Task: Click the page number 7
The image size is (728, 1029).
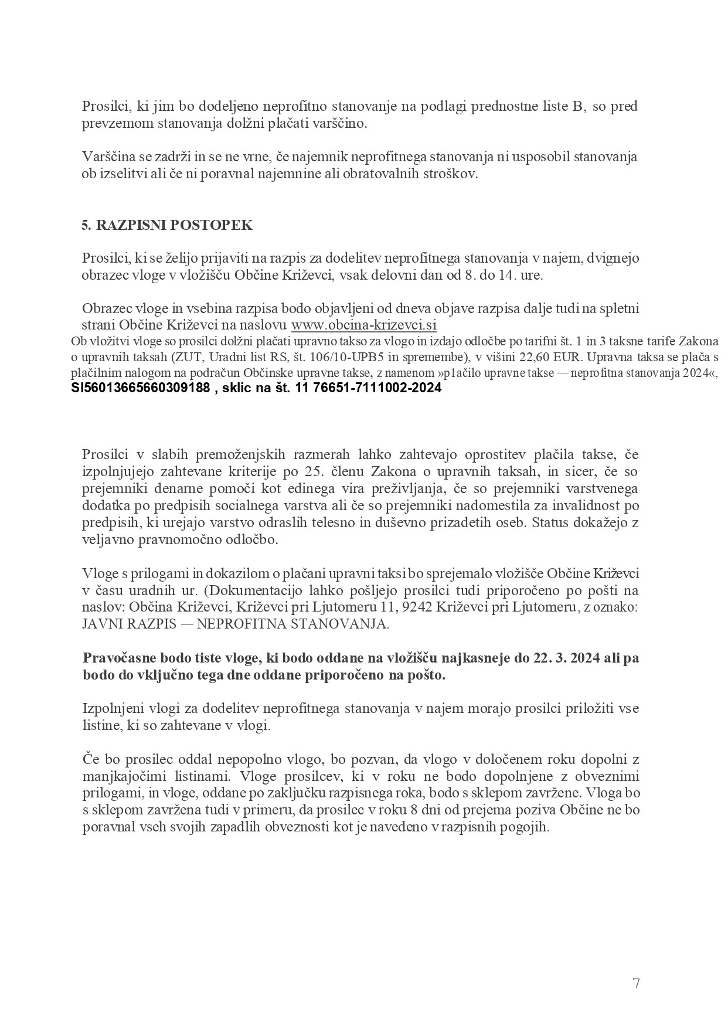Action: pyautogui.click(x=636, y=983)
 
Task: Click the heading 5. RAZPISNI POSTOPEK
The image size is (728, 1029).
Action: pyautogui.click(x=167, y=225)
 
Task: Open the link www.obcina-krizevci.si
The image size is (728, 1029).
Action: pyautogui.click(x=364, y=325)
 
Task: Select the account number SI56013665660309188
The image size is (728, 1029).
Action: pyautogui.click(x=140, y=388)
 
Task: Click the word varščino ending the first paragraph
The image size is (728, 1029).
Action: pyautogui.click(x=343, y=124)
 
